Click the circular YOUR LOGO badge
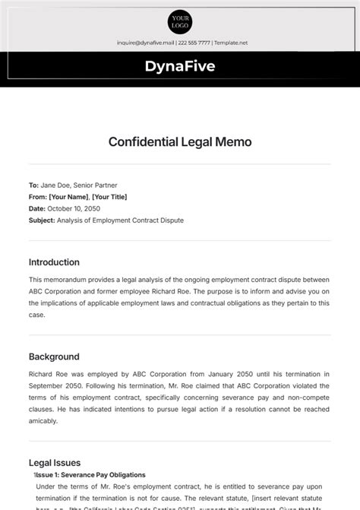coord(180,21)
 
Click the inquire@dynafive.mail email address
coord(145,43)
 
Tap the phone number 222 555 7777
coord(194,43)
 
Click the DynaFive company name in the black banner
coord(180,66)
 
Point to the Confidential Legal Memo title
coord(180,141)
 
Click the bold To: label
coord(33,185)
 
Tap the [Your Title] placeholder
coord(110,197)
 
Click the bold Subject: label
coord(42,220)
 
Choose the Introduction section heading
coord(54,262)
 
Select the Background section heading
coord(54,356)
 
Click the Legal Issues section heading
coord(55,462)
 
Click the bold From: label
coord(37,197)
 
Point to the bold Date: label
coord(37,208)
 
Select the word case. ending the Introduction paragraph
coord(37,315)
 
